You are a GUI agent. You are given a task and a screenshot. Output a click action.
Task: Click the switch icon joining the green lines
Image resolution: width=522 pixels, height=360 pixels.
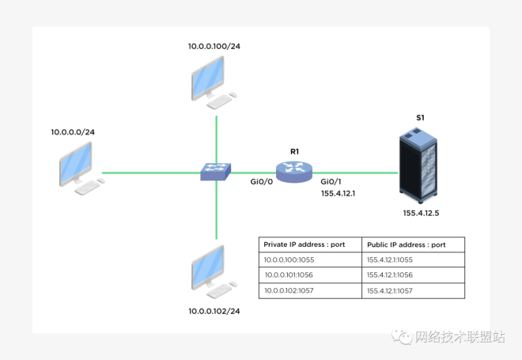point(216,172)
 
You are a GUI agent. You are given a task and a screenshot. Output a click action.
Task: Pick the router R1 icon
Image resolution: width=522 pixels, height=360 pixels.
point(295,171)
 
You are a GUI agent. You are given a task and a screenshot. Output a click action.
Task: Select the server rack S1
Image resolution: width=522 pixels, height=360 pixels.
point(418,169)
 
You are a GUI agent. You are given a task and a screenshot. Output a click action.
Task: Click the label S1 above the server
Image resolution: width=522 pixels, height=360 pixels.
point(420,118)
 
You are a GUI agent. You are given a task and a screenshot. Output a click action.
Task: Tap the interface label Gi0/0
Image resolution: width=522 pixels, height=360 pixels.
point(261,182)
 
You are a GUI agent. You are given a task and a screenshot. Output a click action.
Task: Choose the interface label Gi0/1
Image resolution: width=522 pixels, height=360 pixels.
point(332,182)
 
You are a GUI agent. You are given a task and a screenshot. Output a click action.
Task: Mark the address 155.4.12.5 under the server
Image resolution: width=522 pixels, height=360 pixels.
point(420,213)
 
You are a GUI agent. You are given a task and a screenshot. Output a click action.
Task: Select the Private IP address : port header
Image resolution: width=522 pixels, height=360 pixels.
point(304,245)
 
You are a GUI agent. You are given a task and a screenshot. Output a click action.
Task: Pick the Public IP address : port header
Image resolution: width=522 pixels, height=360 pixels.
point(406,245)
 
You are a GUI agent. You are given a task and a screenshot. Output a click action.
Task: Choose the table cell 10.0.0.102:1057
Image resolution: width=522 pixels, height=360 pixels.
point(293,291)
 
